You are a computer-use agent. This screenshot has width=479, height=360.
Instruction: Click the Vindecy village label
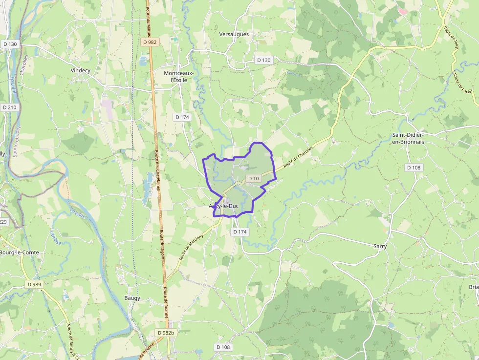(x=81, y=70)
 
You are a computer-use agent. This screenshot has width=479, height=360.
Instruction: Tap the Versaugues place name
(x=234, y=34)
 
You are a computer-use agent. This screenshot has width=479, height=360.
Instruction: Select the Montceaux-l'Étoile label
(x=178, y=76)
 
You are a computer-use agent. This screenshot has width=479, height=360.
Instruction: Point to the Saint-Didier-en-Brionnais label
(x=408, y=138)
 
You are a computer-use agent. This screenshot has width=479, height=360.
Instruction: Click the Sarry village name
(x=380, y=246)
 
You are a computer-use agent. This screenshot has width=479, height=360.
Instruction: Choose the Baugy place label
(x=132, y=298)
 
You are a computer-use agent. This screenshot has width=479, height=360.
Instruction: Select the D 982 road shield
(x=150, y=42)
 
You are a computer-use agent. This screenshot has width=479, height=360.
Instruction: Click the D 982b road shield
(x=166, y=333)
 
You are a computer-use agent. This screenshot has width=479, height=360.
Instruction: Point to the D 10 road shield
(x=253, y=179)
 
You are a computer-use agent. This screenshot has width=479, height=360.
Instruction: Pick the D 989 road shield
(x=35, y=284)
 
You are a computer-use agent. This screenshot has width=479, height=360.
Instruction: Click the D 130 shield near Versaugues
(x=263, y=60)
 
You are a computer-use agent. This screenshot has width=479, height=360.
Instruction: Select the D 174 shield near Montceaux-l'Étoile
(x=182, y=117)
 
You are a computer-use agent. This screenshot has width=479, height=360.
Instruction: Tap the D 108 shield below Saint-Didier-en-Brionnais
(x=414, y=168)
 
